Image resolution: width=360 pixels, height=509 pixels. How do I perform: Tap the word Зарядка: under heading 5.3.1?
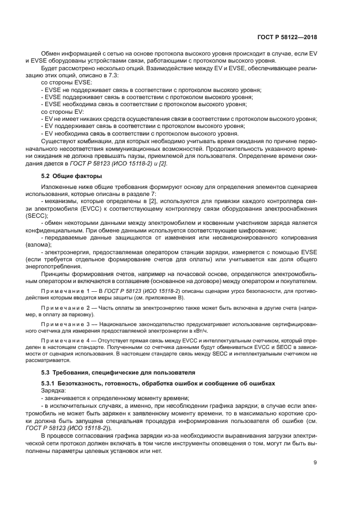[53, 391]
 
